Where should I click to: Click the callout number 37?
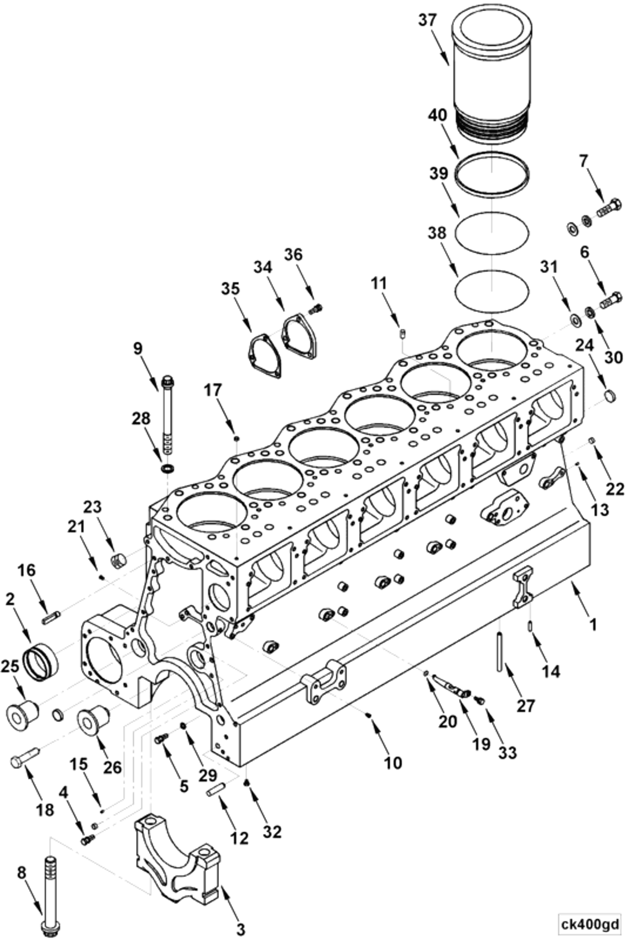coord(428,20)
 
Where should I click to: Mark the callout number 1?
coord(593,625)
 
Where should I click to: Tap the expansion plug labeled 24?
coord(609,396)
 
